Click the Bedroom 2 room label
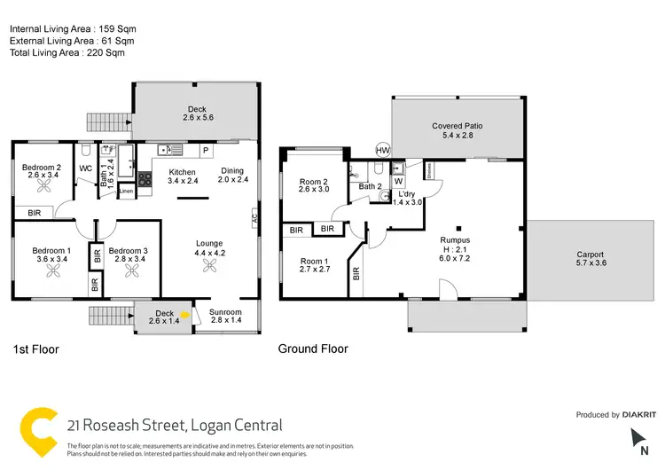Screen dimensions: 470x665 42,168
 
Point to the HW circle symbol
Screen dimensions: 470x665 383,151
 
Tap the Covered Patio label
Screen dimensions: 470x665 457,126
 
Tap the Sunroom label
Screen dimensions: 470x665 226,313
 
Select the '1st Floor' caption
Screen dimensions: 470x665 35,349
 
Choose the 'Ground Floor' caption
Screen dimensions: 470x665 313,349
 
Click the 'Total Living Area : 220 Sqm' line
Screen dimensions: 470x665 68,53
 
